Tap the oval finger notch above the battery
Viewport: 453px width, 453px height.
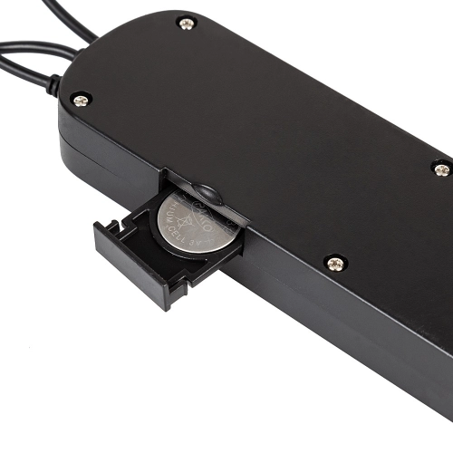pyautogui.click(x=208, y=192)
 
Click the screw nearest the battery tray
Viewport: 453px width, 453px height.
pyautogui.click(x=335, y=263)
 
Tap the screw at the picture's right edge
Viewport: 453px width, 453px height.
pyautogui.click(x=441, y=169)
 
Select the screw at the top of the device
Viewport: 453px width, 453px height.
pyautogui.click(x=188, y=24)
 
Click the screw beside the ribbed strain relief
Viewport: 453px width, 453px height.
pyautogui.click(x=81, y=99)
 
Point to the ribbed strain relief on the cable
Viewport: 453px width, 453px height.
pyautogui.click(x=56, y=86)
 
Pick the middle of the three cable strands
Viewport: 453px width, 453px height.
pyautogui.click(x=27, y=47)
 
